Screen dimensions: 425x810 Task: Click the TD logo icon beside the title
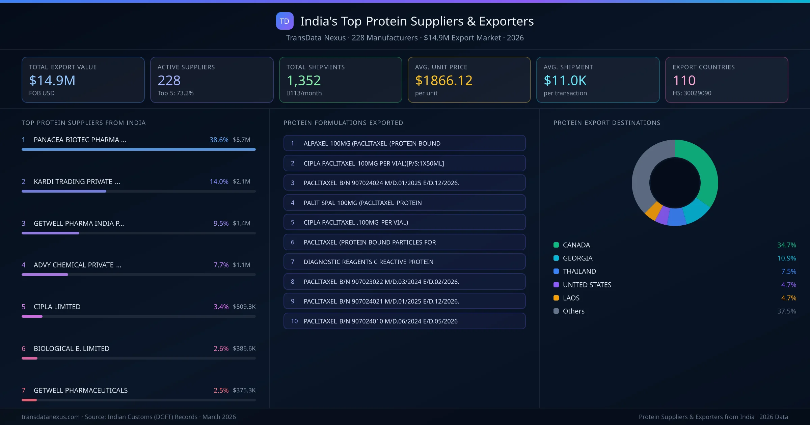285,21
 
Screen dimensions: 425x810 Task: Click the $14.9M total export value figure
52,80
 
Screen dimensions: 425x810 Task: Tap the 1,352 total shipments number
303,80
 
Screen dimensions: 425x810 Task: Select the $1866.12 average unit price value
443,80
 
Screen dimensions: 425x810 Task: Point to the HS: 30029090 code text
692,93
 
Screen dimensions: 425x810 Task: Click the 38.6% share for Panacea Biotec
219,140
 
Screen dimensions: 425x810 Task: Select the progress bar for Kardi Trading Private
64,191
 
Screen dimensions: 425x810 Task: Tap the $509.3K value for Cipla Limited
244,307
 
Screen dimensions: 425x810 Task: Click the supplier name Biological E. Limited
72,348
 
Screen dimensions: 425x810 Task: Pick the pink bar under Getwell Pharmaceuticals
29,400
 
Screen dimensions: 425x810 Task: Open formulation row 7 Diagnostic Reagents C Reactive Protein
404,262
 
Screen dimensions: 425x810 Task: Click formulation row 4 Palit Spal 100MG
404,203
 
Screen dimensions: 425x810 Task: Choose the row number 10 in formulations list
294,321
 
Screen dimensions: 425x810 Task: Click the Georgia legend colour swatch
556,258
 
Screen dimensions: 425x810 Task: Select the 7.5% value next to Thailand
788,271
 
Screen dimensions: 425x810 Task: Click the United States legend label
587,285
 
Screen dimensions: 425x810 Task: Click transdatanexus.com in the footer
51,417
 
